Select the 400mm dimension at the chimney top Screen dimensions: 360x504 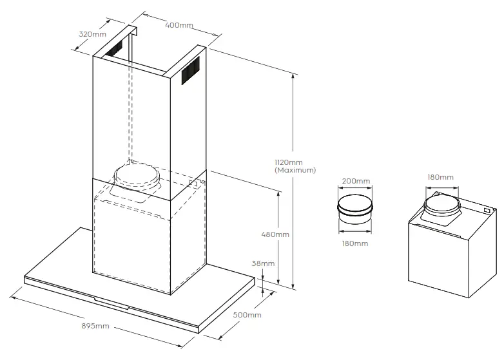coord(179,25)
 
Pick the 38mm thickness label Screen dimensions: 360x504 coord(264,263)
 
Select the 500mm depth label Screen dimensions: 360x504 coord(247,315)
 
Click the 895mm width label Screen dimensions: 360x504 coord(95,327)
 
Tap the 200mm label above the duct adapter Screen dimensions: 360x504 coord(355,181)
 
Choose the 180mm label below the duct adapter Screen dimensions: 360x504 coord(354,243)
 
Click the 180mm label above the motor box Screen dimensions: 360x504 coord(440,176)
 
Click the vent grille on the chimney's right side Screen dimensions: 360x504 coord(189,70)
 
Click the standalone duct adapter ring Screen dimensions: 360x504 coord(354,208)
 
